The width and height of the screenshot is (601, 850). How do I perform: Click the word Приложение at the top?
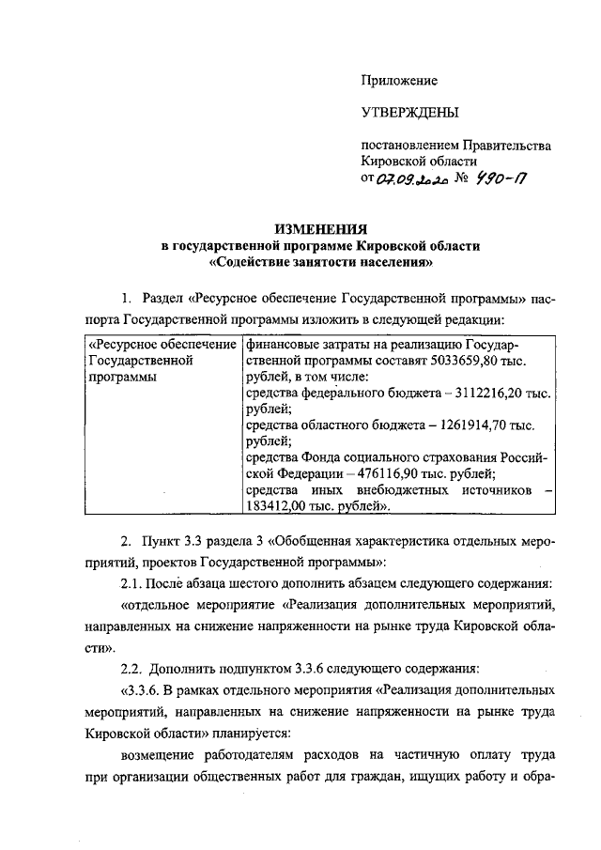click(400, 81)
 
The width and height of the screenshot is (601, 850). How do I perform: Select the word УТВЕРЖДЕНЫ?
click(410, 114)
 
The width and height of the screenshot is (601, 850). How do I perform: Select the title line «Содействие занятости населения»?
click(319, 262)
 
